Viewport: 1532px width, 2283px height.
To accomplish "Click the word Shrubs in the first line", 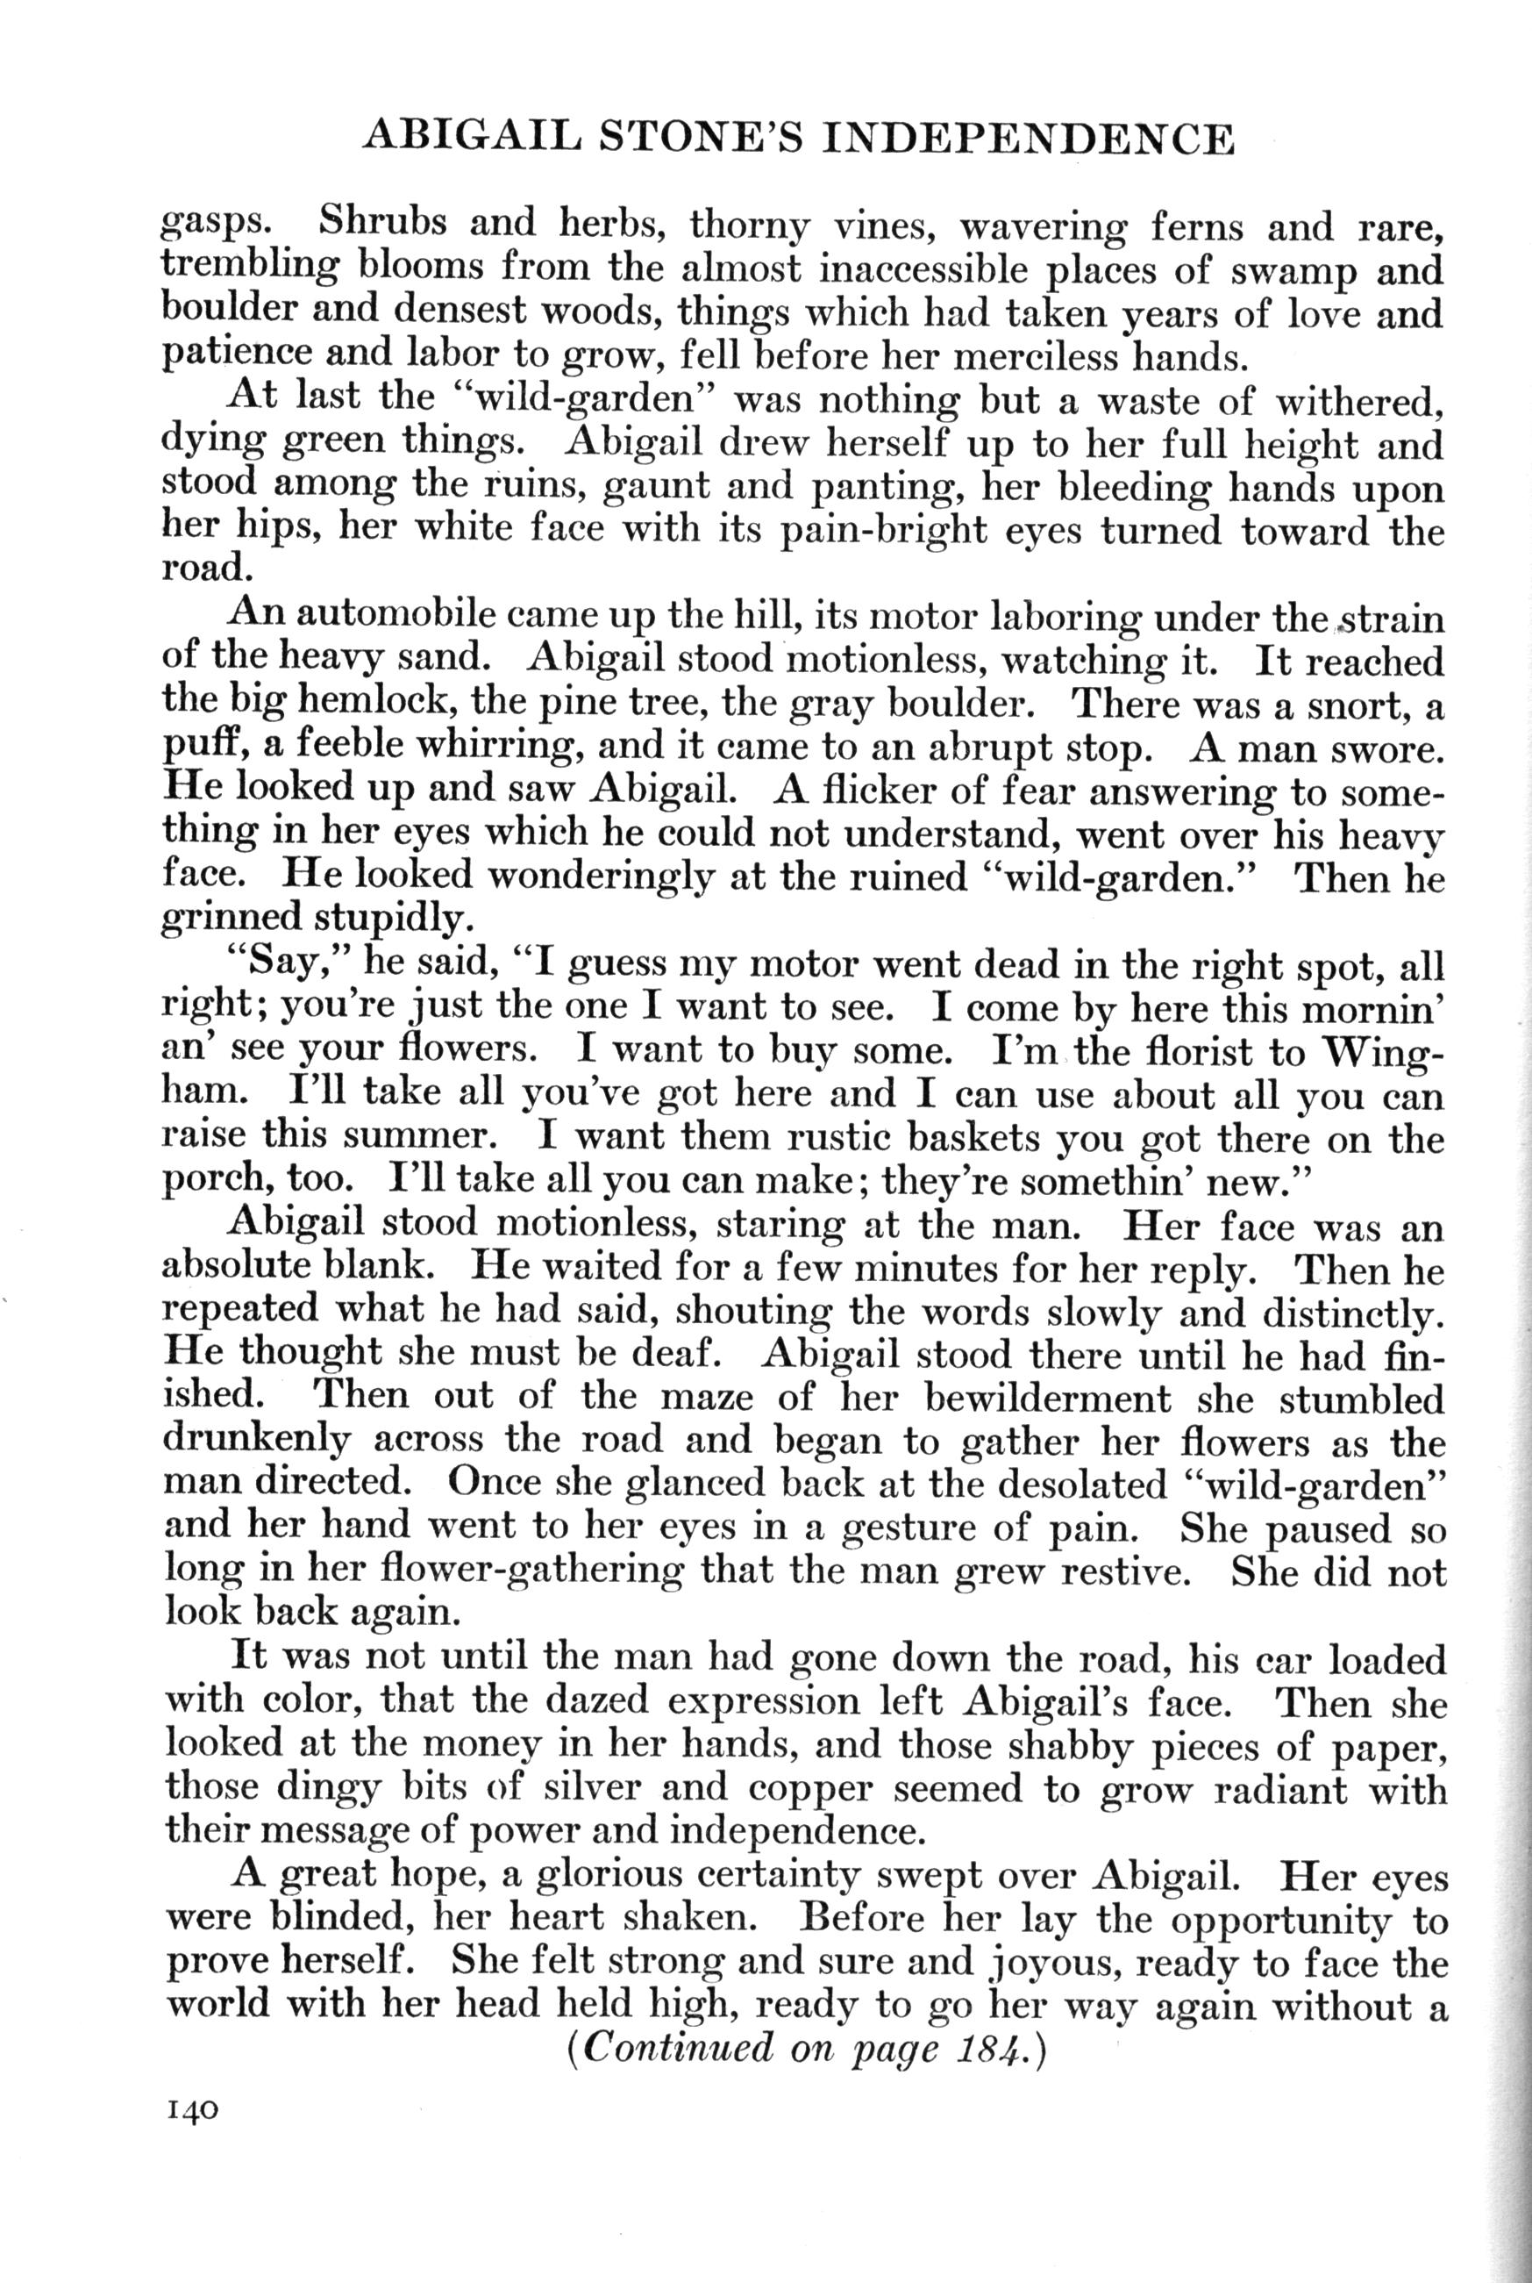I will pyautogui.click(x=384, y=225).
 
